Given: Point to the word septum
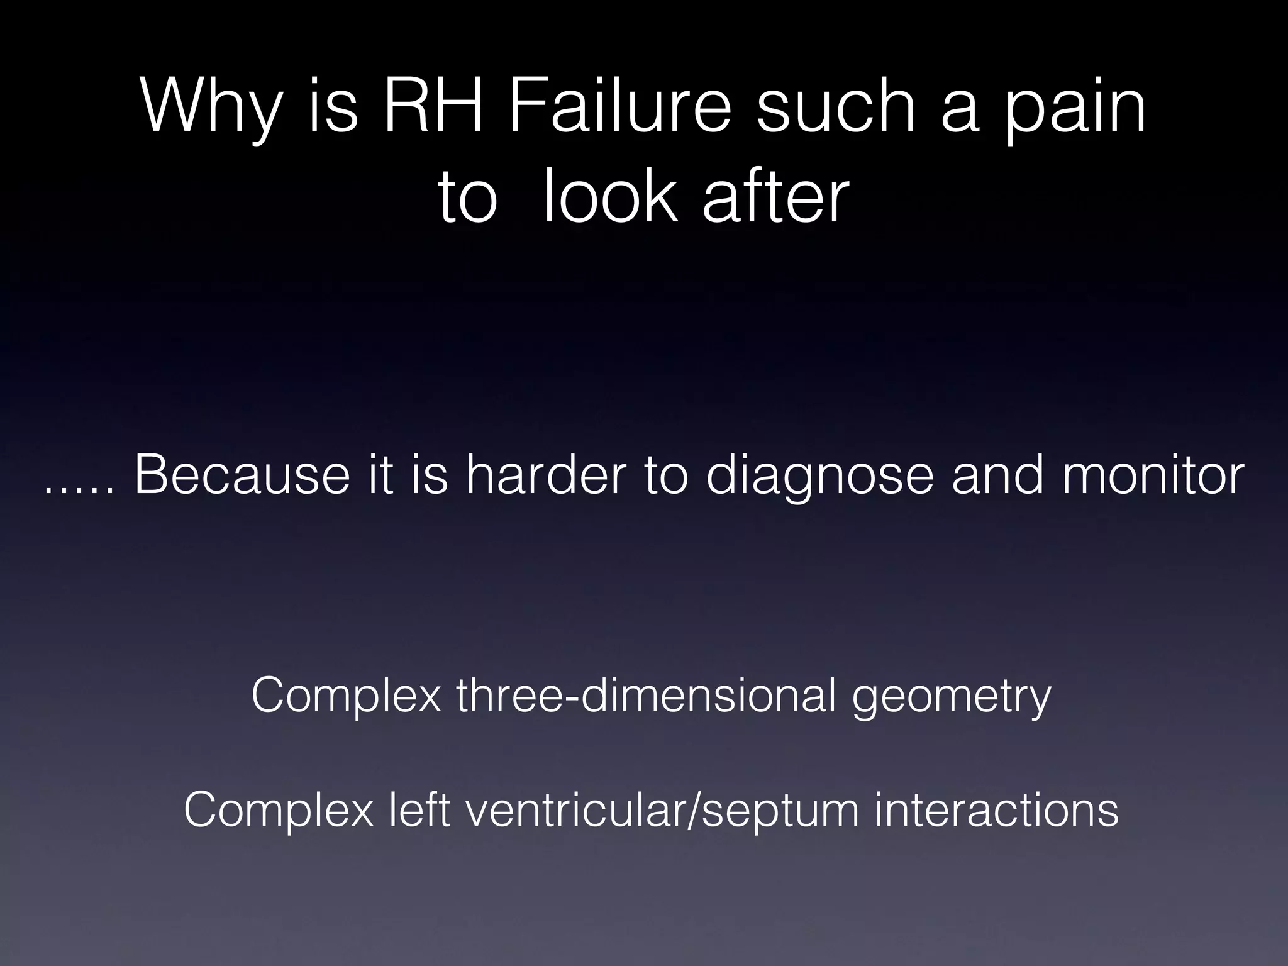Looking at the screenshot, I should tap(782, 813).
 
